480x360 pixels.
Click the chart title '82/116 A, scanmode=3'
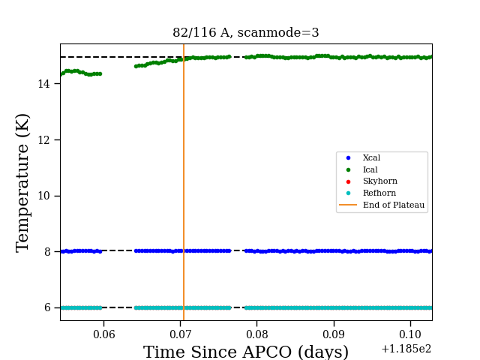246,32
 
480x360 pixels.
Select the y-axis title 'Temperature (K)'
22,183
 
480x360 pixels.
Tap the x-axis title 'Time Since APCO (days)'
246,352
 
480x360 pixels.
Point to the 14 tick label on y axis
43,84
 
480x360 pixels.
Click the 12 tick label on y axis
43,140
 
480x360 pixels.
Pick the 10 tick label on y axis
43,196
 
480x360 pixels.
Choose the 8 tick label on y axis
47,252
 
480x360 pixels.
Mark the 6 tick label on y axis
47,307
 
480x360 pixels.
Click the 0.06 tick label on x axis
104,334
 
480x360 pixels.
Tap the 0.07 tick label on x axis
181,334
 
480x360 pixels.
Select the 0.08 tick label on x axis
257,334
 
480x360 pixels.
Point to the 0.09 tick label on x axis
334,334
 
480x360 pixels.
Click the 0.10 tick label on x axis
410,334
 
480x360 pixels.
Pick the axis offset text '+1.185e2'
406,349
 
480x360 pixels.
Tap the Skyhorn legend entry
372,181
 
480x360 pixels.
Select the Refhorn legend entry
370,193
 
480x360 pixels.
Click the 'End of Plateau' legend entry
382,205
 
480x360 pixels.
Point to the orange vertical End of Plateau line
184,182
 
